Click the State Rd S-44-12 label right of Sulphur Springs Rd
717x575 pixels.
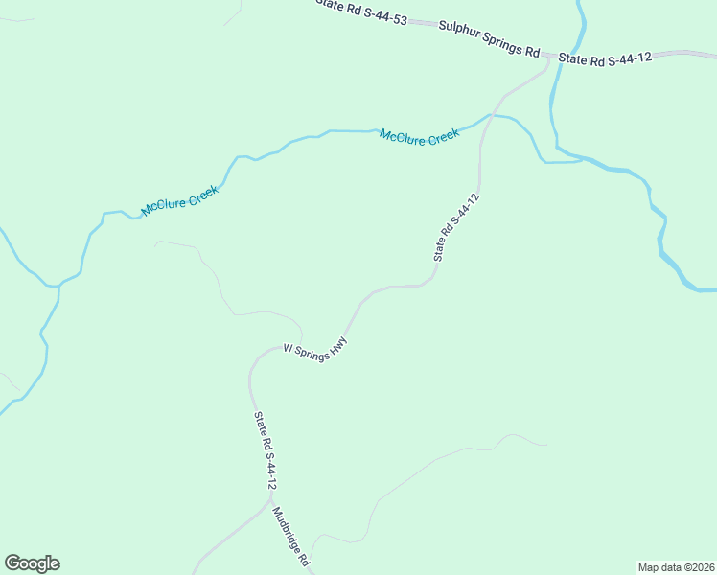pos(605,58)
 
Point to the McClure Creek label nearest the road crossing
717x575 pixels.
pos(420,137)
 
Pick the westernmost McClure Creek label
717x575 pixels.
pos(180,199)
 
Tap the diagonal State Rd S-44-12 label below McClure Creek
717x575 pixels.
pos(455,227)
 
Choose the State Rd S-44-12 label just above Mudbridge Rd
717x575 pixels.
pos(265,450)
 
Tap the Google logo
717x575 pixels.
pos(32,563)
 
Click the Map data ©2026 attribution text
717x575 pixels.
pos(676,566)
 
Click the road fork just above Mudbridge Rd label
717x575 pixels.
pos(269,497)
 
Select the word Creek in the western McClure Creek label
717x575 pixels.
pos(202,192)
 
